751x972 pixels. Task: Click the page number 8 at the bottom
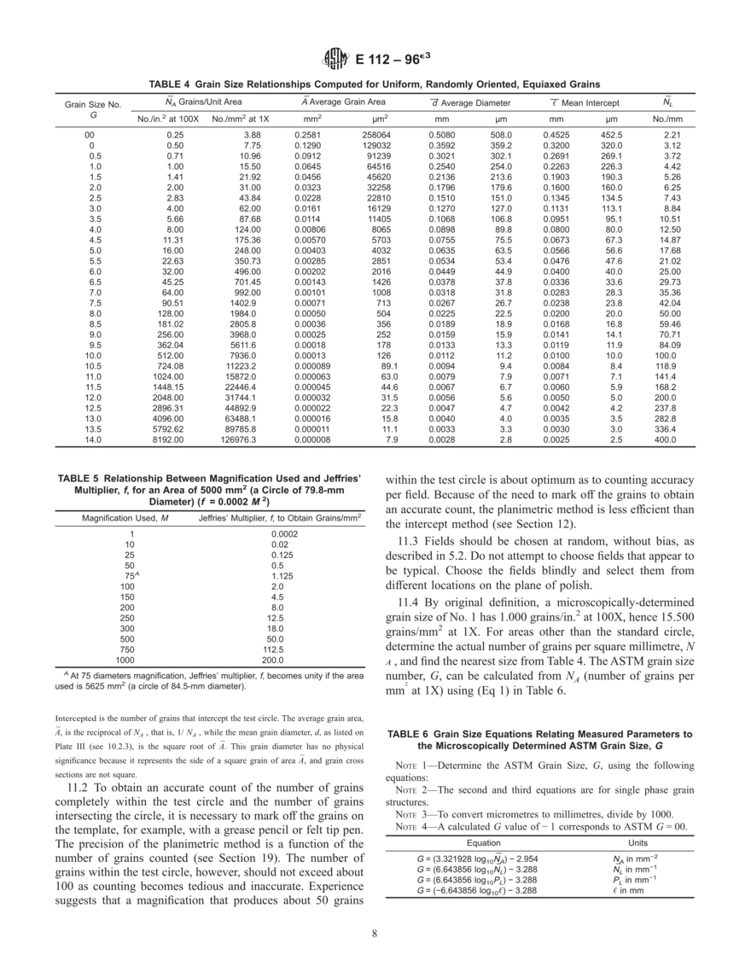pyautogui.click(x=375, y=932)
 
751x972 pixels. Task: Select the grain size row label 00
pyautogui.click(x=90, y=135)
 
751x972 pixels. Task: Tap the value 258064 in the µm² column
pyautogui.click(x=375, y=135)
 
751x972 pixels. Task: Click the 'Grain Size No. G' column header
pyautogui.click(x=93, y=109)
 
